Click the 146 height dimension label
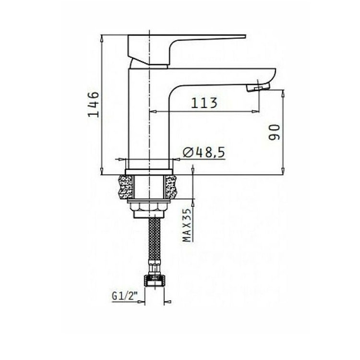tap(94, 104)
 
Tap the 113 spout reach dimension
tap(204, 103)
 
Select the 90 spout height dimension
tap(275, 132)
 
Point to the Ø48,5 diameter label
tap(204, 152)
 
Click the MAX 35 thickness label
tap(187, 225)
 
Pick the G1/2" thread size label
tap(124, 296)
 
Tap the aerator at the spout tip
tap(258, 88)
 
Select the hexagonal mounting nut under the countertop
tap(149, 206)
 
